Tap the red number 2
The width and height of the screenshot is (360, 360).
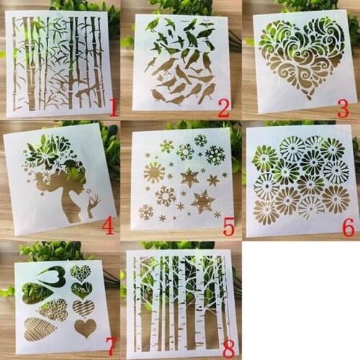point(224,109)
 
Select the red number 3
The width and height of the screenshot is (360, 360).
point(342,109)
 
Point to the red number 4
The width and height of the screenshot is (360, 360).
point(107,227)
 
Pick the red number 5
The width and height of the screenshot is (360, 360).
point(229,228)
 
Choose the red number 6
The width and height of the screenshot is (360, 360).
point(348,228)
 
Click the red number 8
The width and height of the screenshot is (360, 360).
point(228,348)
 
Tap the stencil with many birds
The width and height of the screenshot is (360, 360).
point(181,61)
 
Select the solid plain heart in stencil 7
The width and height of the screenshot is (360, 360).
point(85,328)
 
